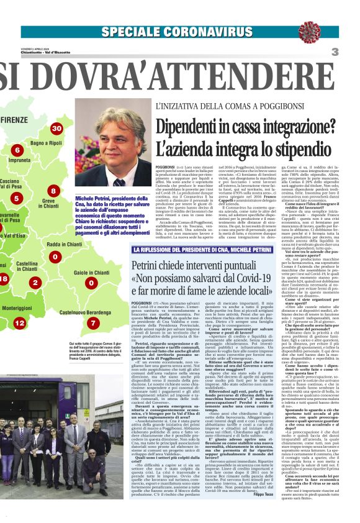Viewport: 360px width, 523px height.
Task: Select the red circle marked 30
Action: point(56,129)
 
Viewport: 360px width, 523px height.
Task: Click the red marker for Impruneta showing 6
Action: point(17,150)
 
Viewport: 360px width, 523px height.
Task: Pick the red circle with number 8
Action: point(53,191)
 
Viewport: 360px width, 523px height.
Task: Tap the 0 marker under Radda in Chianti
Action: point(55,257)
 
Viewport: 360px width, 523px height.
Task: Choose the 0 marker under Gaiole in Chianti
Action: point(90,283)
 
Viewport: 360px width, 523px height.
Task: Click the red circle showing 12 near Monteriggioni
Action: point(20,323)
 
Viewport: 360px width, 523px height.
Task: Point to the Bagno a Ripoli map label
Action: point(47,143)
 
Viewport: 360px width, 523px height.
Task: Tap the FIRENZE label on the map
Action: point(14,119)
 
